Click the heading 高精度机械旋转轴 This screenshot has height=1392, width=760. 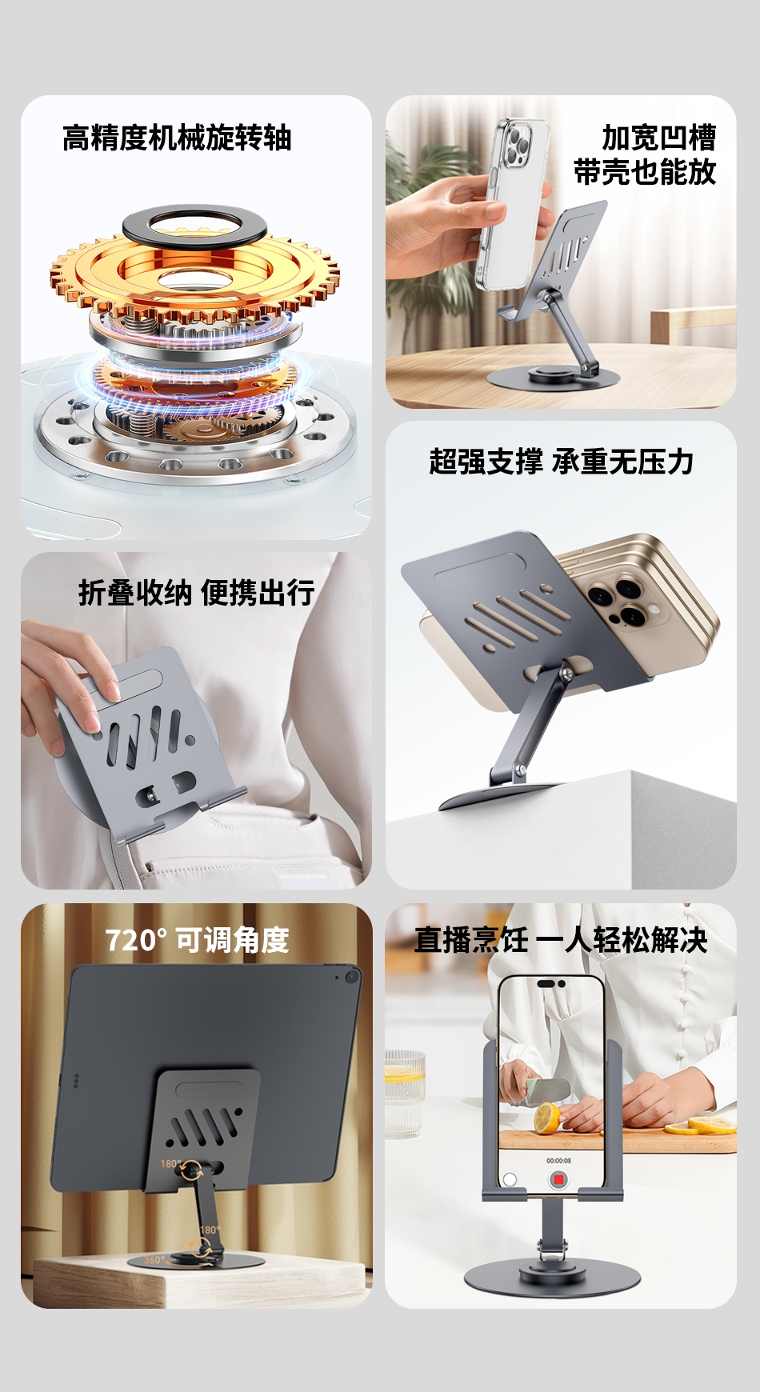coord(177,138)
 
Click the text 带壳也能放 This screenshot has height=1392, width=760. coord(645,172)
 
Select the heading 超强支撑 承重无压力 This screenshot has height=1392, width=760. coord(561,462)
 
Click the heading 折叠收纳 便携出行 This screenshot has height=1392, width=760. coord(197,593)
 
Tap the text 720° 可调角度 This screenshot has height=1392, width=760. coord(197,940)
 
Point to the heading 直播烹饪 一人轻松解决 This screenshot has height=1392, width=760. coord(561,940)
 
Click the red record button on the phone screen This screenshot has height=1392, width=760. coord(558,1179)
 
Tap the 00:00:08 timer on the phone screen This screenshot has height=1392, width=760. coord(558,1160)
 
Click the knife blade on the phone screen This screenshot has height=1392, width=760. coord(546,1089)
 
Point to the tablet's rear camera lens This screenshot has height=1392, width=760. coord(352,977)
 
